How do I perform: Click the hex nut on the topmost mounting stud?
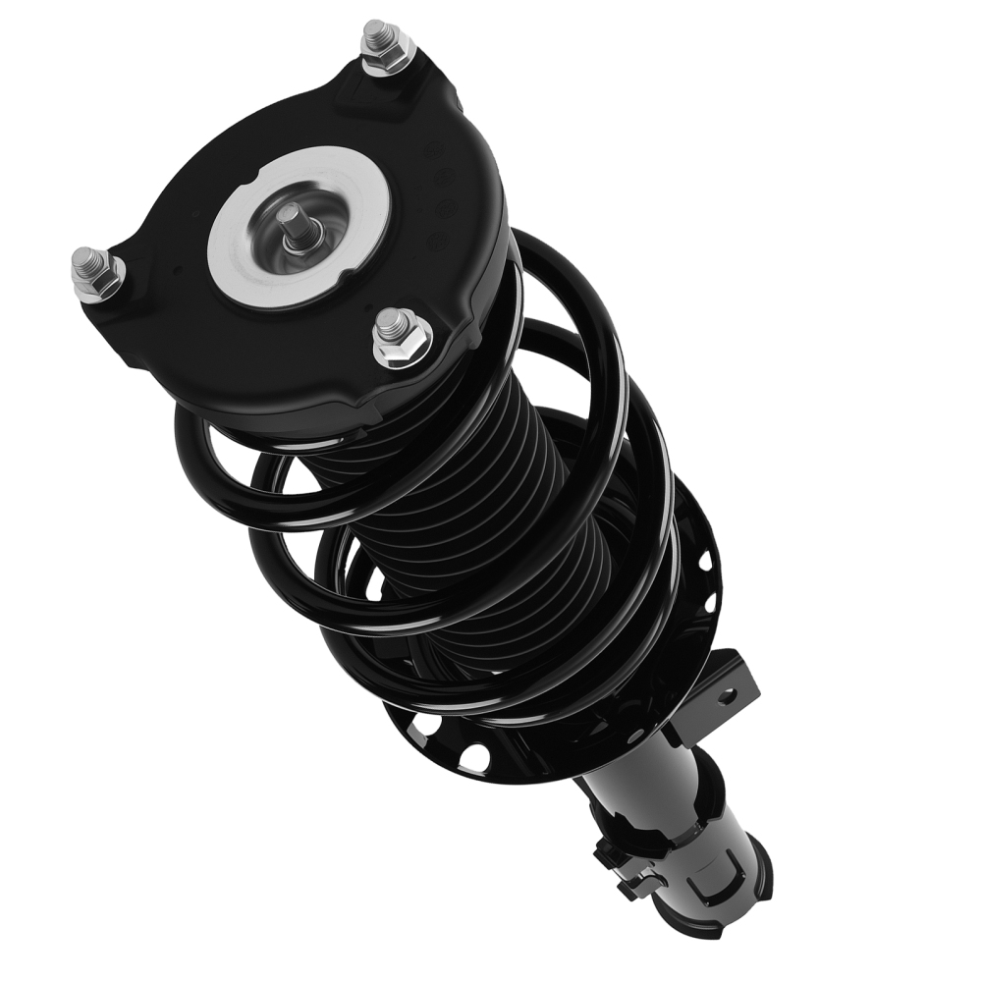[x=387, y=54]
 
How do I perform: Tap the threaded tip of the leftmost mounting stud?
[x=85, y=259]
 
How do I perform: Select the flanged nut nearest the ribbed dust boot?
[x=402, y=340]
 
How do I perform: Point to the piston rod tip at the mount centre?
[x=292, y=218]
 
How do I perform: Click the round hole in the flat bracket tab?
[x=725, y=696]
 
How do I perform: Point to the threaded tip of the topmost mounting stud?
[x=376, y=30]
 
